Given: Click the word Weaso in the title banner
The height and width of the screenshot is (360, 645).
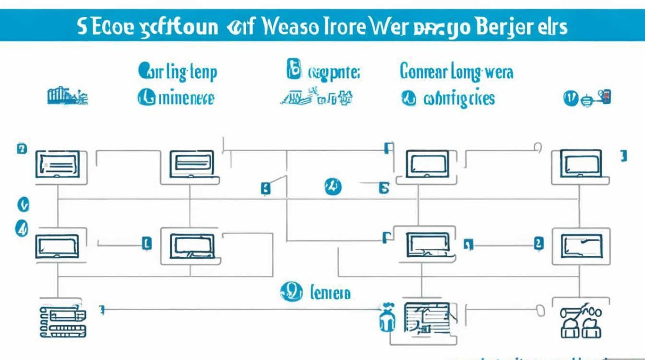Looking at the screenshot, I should (290, 27).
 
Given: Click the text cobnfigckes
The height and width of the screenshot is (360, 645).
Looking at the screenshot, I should (459, 99).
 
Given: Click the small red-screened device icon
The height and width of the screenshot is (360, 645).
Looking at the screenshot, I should (605, 97).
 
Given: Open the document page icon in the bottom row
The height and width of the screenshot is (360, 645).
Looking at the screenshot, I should (427, 317).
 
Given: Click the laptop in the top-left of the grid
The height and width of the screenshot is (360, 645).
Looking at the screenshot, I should (57, 164).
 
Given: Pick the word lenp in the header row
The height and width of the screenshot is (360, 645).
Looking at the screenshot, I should (204, 72).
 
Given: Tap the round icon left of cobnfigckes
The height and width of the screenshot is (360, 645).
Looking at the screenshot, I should (408, 99).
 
